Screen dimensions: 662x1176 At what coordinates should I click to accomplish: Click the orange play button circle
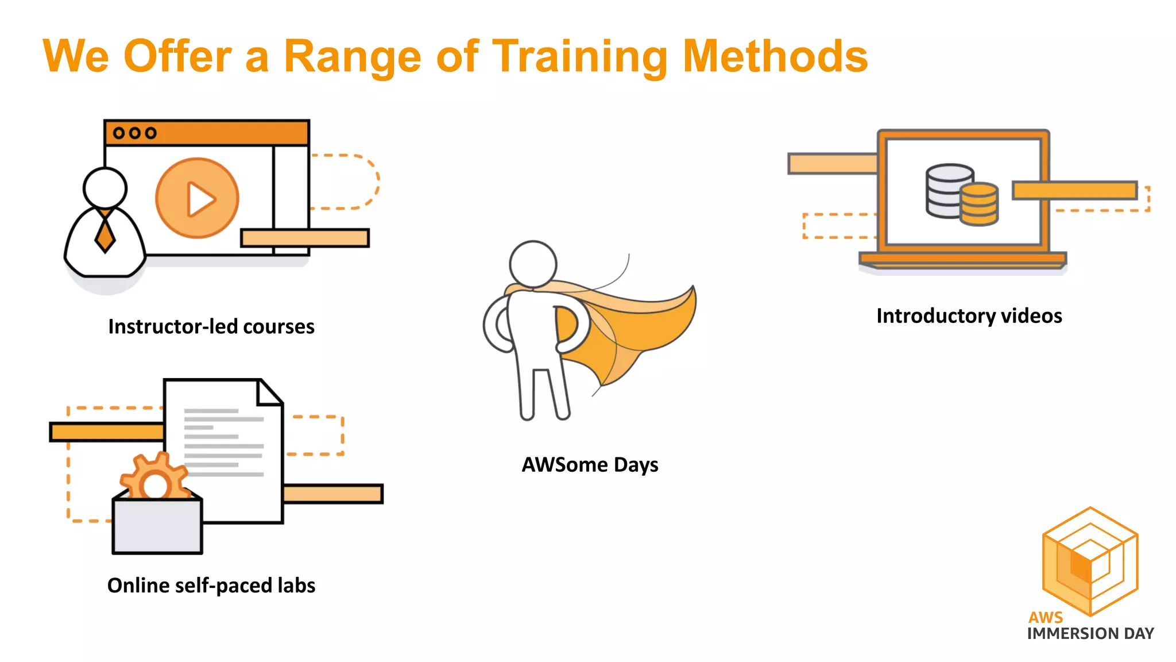pos(197,198)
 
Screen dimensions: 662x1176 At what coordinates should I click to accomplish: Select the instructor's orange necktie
pos(105,233)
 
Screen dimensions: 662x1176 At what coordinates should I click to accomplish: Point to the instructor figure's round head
pos(105,188)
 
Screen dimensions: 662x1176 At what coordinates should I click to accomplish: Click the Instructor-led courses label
pos(211,326)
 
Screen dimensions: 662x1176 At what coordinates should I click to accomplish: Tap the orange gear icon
pos(154,477)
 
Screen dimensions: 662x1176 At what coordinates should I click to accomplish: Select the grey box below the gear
pos(157,526)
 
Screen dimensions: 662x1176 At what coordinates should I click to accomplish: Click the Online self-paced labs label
pos(211,585)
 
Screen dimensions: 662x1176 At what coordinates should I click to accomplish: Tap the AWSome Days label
pos(590,464)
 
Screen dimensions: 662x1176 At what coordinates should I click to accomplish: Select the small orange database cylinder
pos(980,205)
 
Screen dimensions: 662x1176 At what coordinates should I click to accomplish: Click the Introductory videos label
pos(969,315)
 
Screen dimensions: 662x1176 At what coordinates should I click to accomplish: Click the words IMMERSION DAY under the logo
pos(1090,633)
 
